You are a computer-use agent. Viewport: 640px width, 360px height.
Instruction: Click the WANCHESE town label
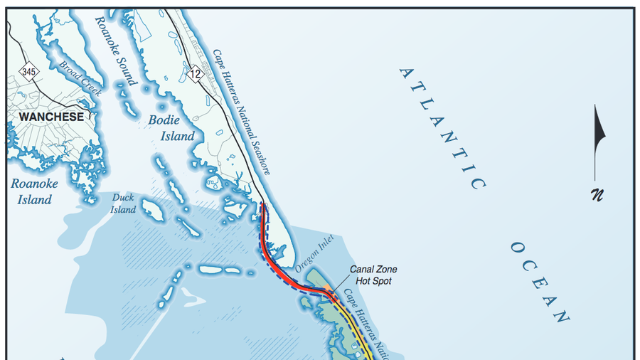click(x=50, y=117)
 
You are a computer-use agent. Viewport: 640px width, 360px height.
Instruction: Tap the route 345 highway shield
click(x=28, y=72)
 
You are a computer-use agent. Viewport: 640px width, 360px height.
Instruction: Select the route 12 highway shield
click(x=196, y=72)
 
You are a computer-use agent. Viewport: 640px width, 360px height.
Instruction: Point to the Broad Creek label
click(x=80, y=78)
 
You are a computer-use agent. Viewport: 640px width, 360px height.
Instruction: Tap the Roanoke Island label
click(x=34, y=191)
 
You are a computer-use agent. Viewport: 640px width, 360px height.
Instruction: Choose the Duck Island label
click(x=123, y=203)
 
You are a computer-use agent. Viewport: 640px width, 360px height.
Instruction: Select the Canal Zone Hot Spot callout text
click(x=373, y=275)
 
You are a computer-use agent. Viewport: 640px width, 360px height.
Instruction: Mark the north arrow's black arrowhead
click(x=599, y=128)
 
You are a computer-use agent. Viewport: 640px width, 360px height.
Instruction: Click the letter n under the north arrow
click(x=597, y=194)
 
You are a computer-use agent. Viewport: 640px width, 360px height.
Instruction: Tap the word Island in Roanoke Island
click(x=34, y=200)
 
